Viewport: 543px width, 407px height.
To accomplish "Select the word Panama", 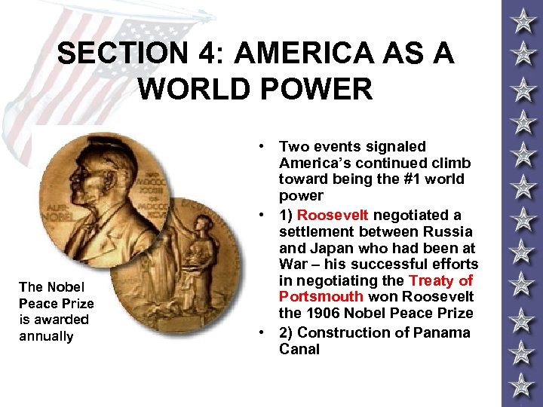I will coord(443,332).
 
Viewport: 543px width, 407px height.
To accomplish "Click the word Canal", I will coord(299,349).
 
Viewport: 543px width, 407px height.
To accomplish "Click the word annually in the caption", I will coord(46,336).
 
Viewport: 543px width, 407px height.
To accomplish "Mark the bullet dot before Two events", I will coord(259,146).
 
